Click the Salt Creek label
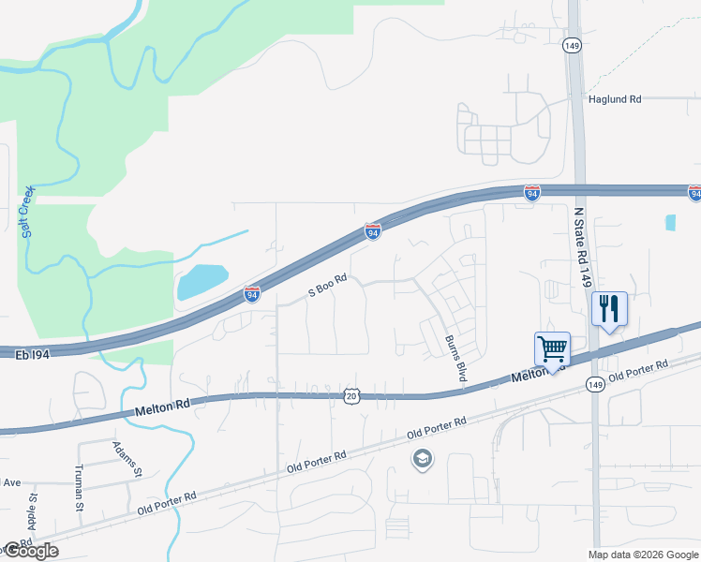[x=28, y=212]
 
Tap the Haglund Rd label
[x=615, y=98]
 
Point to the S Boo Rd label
[x=328, y=286]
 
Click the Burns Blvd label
[x=455, y=358]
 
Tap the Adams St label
[x=127, y=459]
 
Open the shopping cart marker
[x=553, y=350]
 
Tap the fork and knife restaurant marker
[x=609, y=309]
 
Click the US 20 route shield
[x=350, y=397]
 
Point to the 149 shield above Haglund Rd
[x=571, y=44]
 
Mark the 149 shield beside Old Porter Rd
[x=594, y=384]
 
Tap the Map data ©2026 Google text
[x=642, y=555]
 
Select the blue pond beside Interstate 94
[x=201, y=281]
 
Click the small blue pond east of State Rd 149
[x=670, y=223]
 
